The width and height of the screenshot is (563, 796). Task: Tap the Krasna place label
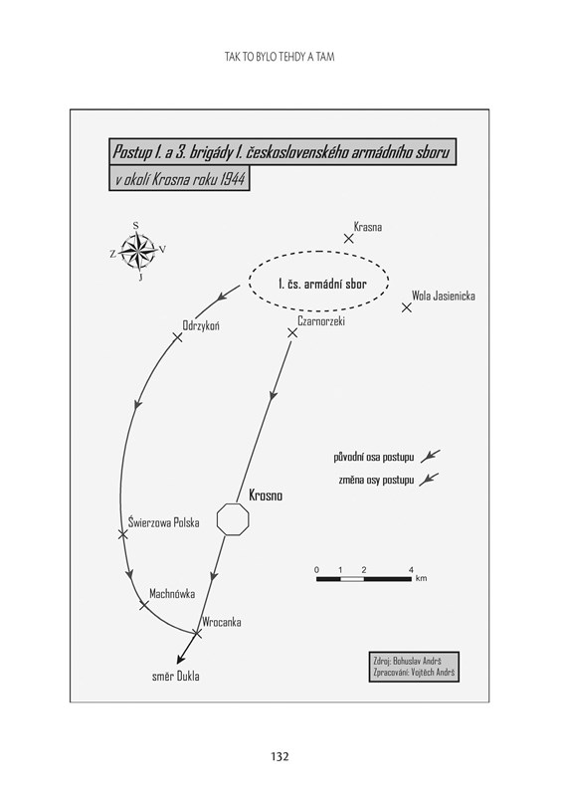tap(368, 227)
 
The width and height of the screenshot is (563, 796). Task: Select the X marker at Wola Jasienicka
tap(407, 307)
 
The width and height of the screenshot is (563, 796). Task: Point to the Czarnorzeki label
tap(321, 320)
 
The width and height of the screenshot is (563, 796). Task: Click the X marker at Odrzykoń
tap(178, 337)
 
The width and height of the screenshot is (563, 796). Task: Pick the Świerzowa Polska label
tap(163, 522)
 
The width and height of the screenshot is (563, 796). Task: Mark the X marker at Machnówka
tap(144, 605)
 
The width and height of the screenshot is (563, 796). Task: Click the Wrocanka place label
tap(222, 622)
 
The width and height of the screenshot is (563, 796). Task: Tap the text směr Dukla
tap(176, 677)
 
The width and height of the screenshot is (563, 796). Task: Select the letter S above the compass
tap(135, 226)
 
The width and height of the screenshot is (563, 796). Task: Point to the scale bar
tap(364, 579)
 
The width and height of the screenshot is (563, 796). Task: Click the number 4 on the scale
tap(411, 569)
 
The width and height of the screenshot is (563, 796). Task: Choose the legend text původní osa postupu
tap(374, 457)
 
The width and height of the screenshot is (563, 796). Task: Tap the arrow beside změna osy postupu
tap(429, 480)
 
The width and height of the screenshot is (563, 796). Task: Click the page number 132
tap(280, 756)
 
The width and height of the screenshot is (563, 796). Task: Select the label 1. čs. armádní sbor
tap(322, 284)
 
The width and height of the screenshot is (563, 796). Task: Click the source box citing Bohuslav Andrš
tap(414, 667)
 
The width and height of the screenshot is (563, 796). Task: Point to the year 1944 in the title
tap(233, 180)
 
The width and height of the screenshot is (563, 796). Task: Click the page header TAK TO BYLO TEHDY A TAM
tap(280, 57)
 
